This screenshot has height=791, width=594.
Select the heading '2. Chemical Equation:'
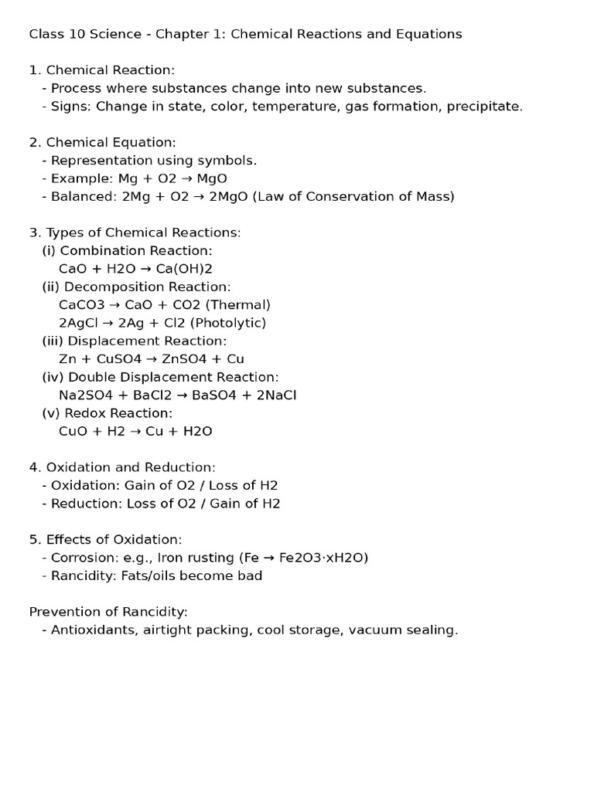pos(103,142)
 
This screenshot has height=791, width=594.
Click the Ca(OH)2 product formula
pos(185,269)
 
